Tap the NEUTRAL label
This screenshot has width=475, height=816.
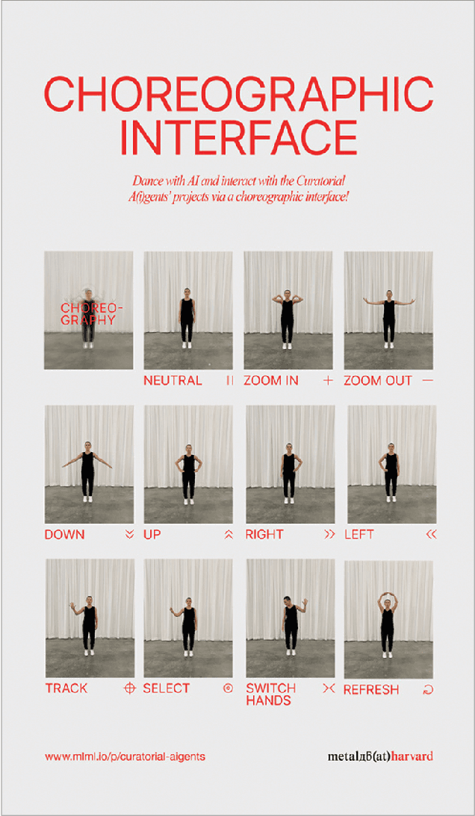coord(173,380)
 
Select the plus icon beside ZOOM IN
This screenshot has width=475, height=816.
coord(326,380)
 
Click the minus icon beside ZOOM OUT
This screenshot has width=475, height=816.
coord(427,380)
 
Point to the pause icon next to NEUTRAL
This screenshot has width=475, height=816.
coord(229,380)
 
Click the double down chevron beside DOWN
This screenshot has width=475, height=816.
coord(129,534)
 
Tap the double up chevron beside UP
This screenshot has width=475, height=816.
coord(229,534)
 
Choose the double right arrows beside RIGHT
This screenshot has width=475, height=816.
coord(329,534)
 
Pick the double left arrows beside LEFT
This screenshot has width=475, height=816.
coord(430,534)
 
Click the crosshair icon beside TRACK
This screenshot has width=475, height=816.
coord(129,688)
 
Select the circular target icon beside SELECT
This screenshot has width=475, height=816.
coord(228,688)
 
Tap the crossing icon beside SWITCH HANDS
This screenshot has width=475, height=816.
coord(328,688)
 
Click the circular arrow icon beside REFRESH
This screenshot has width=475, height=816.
coord(428,690)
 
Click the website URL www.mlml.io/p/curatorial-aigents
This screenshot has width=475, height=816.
coord(125,756)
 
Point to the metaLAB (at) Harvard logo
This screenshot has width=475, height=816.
coord(380,756)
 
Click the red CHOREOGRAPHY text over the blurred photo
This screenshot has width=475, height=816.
coord(89,314)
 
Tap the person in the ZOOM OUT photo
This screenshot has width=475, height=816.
coord(388,317)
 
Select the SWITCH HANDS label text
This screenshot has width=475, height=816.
coord(271,694)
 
